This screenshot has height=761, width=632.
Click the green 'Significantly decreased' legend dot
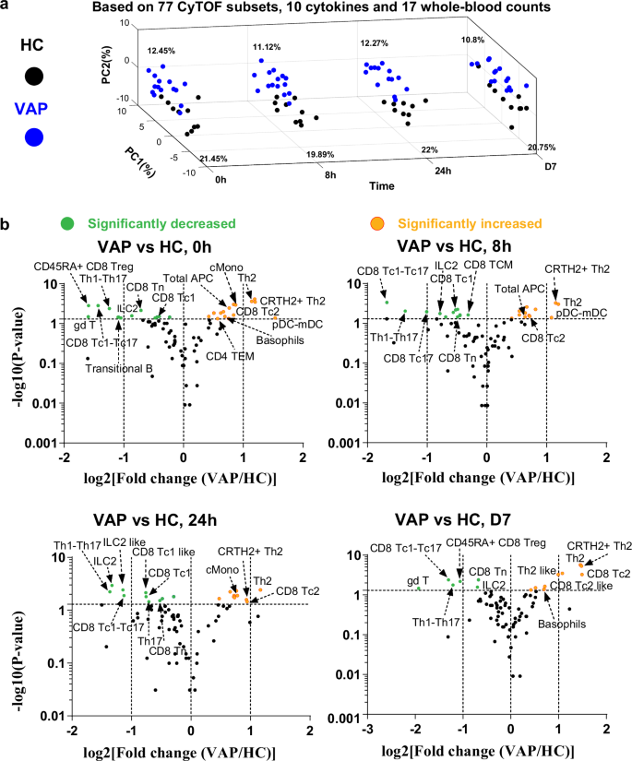pyautogui.click(x=66, y=223)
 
